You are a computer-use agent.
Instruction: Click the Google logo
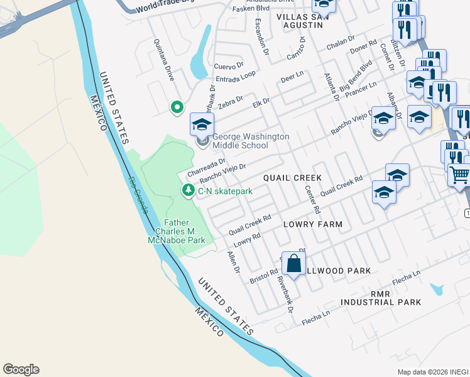(x=21, y=369)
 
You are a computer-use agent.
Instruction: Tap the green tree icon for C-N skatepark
(x=187, y=190)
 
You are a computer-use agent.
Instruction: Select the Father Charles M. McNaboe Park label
(x=185, y=231)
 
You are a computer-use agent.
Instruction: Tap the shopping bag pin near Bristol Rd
(x=293, y=264)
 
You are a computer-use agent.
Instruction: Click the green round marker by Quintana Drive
(x=177, y=108)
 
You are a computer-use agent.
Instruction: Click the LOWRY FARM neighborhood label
(x=312, y=224)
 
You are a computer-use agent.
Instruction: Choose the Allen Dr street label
(x=234, y=261)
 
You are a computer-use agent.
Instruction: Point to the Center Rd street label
(x=312, y=199)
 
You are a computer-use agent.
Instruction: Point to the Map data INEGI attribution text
(x=433, y=372)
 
